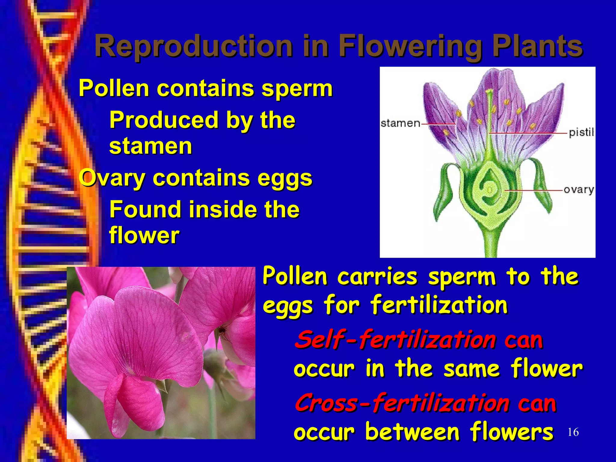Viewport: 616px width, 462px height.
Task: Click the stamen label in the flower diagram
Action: [x=400, y=123]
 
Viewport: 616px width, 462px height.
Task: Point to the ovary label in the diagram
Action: [x=578, y=190]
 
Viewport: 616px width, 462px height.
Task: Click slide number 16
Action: [x=573, y=432]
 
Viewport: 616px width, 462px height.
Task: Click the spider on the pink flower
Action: [x=223, y=331]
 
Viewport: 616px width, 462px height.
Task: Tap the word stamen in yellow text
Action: [x=150, y=146]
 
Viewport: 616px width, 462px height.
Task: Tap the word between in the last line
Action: [x=412, y=432]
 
